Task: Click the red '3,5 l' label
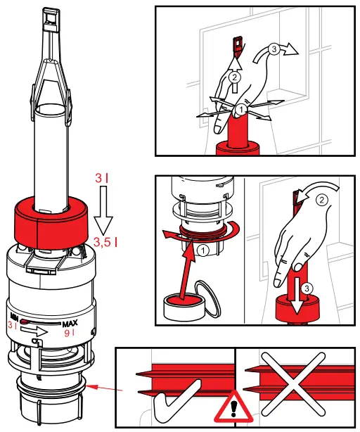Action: [105, 243]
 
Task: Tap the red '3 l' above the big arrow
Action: [102, 179]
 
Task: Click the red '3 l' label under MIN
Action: [13, 326]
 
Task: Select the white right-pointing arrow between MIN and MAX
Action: [39, 329]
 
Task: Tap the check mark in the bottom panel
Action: [179, 394]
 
